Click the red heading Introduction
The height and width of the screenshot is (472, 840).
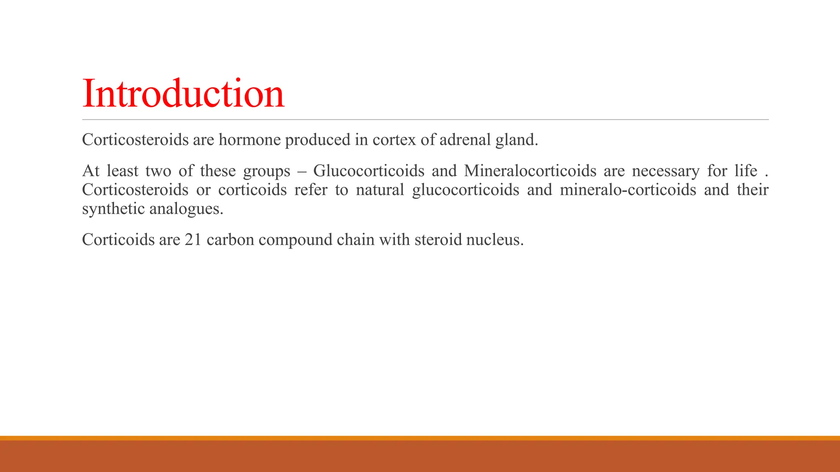pyautogui.click(x=183, y=94)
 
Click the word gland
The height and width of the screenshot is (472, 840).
pyautogui.click(x=516, y=140)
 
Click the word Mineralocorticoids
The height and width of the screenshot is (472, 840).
pyautogui.click(x=530, y=171)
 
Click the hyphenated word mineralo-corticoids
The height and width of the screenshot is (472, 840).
pyautogui.click(x=628, y=190)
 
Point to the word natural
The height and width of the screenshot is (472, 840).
pyautogui.click(x=380, y=190)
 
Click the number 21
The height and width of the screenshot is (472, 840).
pyautogui.click(x=193, y=240)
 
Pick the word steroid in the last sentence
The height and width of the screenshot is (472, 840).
pyautogui.click(x=438, y=240)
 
